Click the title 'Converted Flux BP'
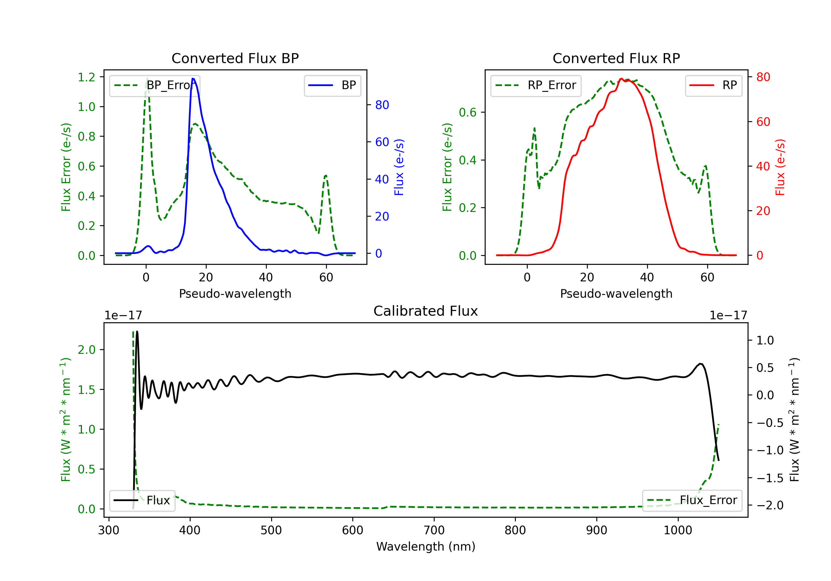[x=235, y=58]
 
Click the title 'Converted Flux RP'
[x=616, y=58]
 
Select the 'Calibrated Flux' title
[x=426, y=311]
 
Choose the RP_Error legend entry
[x=536, y=85]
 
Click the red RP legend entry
[x=713, y=85]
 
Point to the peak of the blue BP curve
[x=193, y=79]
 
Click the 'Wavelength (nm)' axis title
[x=426, y=546]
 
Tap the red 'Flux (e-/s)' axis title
[x=780, y=167]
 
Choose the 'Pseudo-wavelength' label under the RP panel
[x=616, y=294]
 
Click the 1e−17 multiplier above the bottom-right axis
[x=728, y=315]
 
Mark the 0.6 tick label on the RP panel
[x=467, y=112]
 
